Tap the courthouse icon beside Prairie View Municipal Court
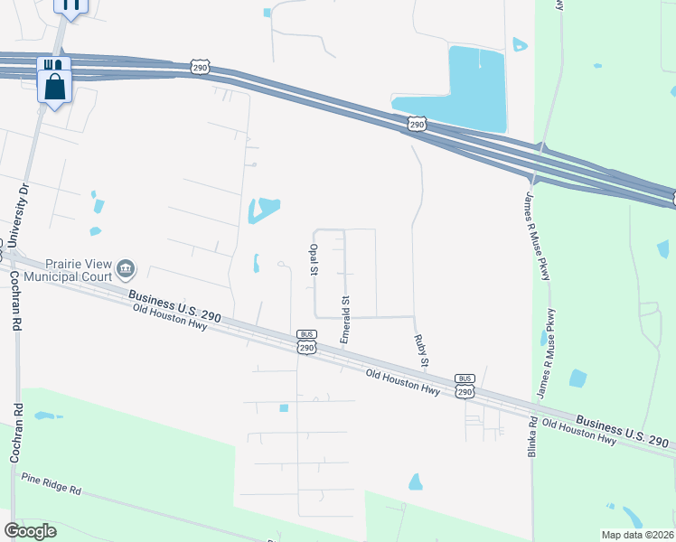[126, 268]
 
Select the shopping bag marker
[54, 87]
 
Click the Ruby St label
[419, 350]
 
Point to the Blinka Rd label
[533, 435]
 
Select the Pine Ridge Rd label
[52, 484]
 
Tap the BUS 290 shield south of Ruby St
[465, 386]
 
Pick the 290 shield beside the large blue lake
[415, 123]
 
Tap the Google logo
[30, 531]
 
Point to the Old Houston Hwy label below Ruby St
[404, 383]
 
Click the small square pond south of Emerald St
[284, 408]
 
